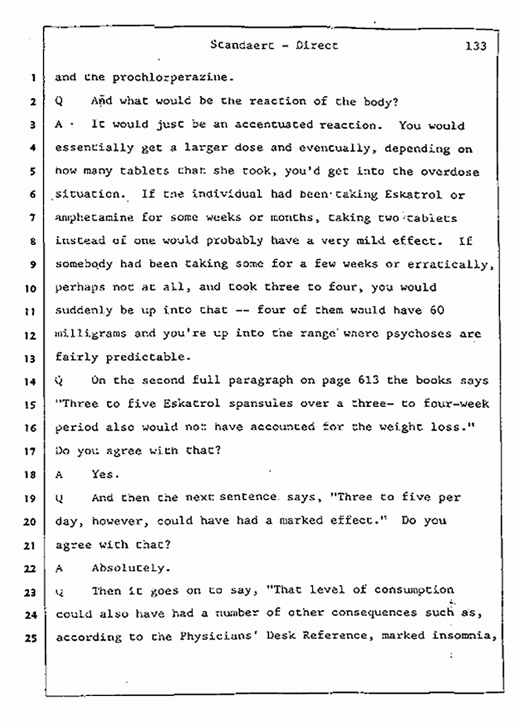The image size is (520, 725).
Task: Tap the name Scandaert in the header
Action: (x=238, y=45)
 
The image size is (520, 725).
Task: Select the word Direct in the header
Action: (x=316, y=45)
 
